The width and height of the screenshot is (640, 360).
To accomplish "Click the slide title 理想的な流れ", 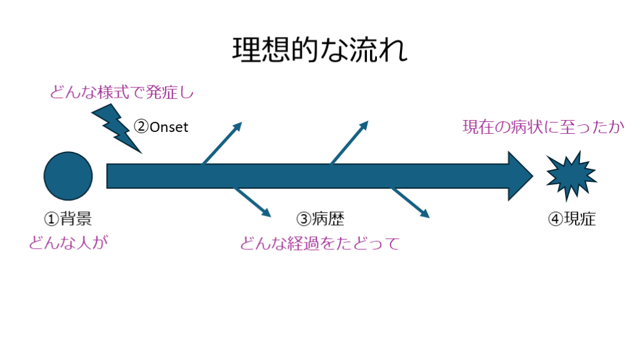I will pos(319,50).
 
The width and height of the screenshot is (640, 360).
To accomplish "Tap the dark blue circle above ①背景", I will pos(68,176).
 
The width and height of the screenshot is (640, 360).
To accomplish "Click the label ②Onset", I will pos(161,127).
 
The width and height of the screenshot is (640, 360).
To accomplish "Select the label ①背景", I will pos(68,219).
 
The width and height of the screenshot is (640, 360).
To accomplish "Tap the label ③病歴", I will pos(320,219).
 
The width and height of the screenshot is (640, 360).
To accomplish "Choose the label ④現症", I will pos(572,219).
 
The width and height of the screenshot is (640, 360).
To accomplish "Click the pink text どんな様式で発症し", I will pos(122,94).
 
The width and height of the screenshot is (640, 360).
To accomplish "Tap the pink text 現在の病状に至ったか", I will pos(543,127).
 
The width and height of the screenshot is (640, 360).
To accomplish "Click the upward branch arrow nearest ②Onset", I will pos(222,143).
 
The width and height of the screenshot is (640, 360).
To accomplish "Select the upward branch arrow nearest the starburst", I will pos(349,143).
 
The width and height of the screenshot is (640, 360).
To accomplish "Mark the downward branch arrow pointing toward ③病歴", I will pos(253,202).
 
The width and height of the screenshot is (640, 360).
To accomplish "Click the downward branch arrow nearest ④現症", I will pos(411,202).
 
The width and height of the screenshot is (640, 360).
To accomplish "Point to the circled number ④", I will pos(556,219).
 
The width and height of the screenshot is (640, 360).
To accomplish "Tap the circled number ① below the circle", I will pos(51,219).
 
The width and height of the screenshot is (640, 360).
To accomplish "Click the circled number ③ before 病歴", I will pos(304,219).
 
